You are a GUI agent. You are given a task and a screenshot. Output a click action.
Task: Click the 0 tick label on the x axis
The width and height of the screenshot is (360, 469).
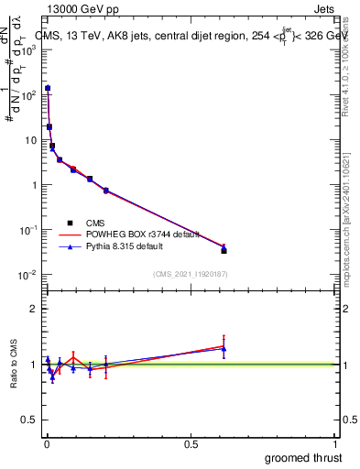(48, 444)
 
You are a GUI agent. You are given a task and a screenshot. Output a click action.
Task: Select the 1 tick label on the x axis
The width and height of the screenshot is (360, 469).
(336, 444)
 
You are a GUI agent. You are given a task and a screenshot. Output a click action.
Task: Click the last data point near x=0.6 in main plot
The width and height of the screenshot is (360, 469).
(224, 249)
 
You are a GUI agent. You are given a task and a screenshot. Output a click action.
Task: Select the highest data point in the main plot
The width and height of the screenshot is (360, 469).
(48, 88)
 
